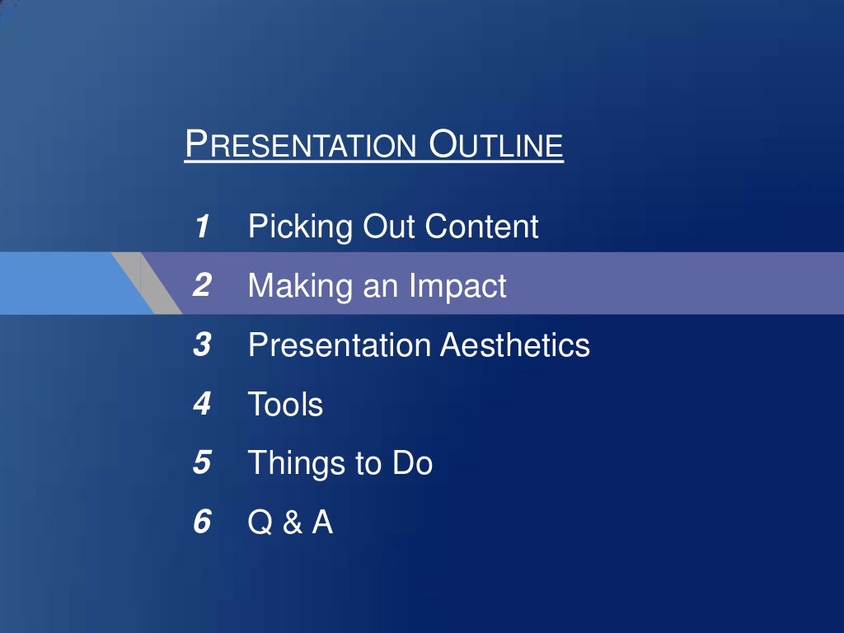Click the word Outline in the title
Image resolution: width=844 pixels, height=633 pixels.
pos(497,145)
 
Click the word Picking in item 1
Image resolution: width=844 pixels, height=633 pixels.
pos(301,227)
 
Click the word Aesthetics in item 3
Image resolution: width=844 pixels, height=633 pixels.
pos(514,345)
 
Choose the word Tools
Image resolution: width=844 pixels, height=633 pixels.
pos(285,405)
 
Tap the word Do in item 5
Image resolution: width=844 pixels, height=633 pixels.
pos(411,463)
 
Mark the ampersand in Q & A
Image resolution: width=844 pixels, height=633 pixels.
pos(293,523)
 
